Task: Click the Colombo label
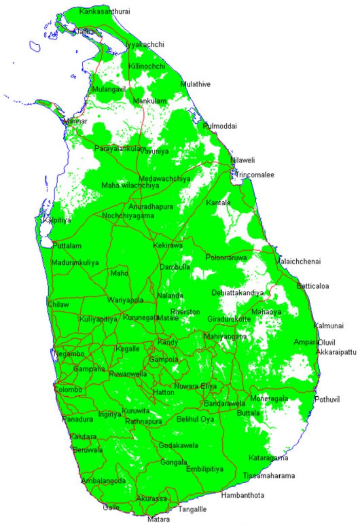(68, 390)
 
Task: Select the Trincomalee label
(255, 175)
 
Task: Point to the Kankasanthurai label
(105, 11)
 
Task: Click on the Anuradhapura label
(149, 206)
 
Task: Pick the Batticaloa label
(313, 286)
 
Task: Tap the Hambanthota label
(243, 495)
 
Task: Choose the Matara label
(158, 520)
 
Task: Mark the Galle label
(111, 507)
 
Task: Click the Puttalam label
(67, 246)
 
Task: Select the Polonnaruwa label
(226, 257)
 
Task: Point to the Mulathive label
(195, 84)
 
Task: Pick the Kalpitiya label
(57, 220)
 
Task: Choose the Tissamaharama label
(269, 476)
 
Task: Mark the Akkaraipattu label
(337, 353)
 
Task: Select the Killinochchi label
(147, 66)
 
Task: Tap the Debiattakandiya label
(238, 293)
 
